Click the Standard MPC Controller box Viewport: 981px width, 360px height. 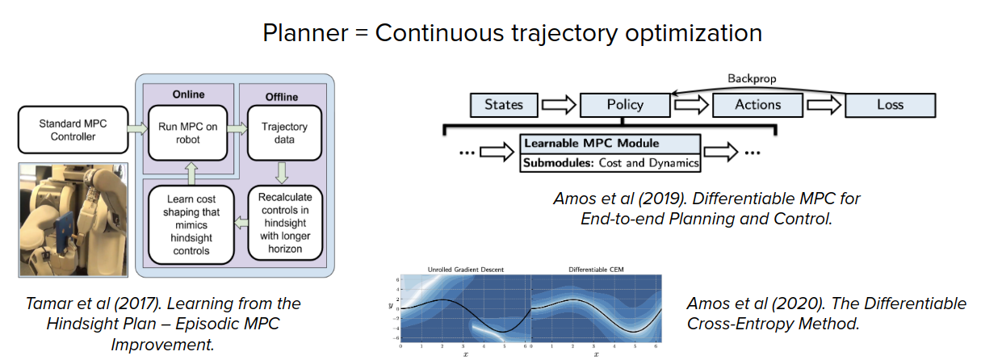(73, 130)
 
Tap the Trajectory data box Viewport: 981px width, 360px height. (284, 133)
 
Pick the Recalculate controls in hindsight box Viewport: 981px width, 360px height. (284, 223)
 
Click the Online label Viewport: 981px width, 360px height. (189, 94)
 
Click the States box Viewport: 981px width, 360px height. (503, 104)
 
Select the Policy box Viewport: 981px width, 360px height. (624, 105)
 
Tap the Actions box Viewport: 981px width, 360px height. (757, 105)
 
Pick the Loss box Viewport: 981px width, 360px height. (890, 105)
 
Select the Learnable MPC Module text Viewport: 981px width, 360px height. (591, 144)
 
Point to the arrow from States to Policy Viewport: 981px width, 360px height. (558, 105)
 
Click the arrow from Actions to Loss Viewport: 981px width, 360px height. (824, 105)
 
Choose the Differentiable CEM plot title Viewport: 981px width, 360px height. (595, 269)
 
